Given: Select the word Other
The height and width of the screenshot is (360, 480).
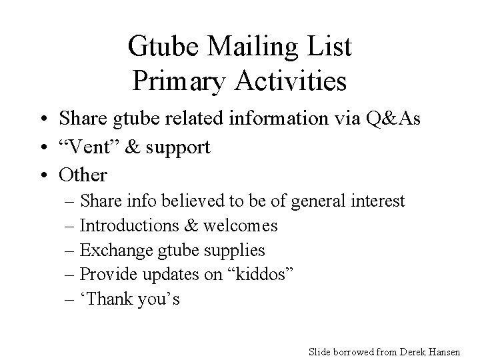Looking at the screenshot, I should coord(83,175).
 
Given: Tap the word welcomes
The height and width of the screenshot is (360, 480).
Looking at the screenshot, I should coord(241,225).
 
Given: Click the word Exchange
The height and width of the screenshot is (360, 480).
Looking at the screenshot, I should coord(115,251).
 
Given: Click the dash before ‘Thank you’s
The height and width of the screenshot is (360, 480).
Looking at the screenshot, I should coord(71,300).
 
